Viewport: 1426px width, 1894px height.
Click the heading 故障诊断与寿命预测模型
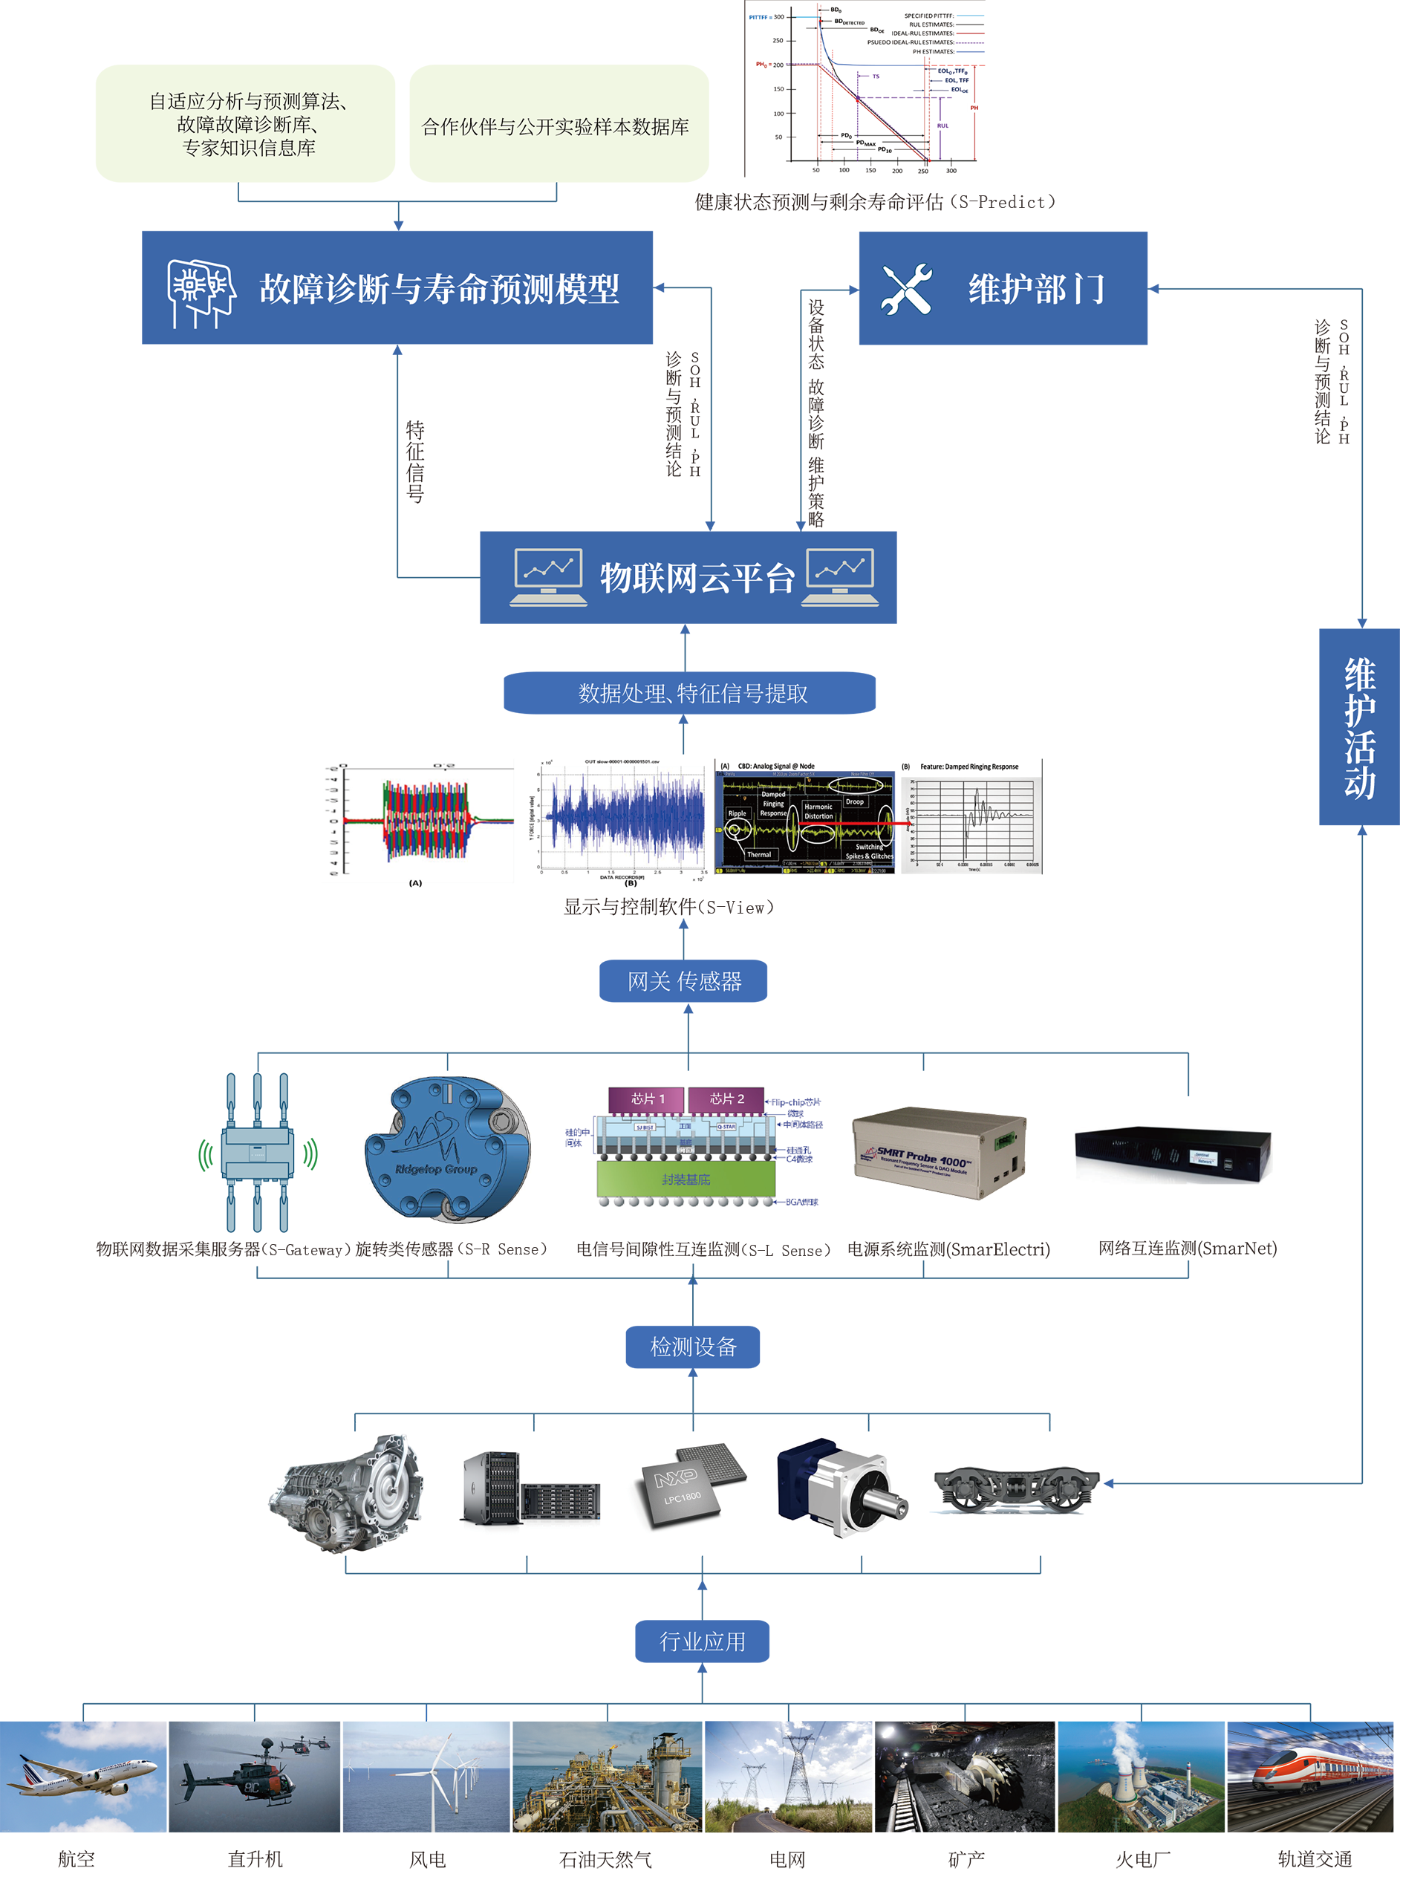coord(439,290)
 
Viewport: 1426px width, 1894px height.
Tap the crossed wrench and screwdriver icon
coord(906,290)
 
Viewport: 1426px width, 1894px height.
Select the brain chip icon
coord(201,293)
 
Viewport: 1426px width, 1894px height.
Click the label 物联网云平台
coord(697,578)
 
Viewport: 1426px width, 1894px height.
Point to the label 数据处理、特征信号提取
coord(692,694)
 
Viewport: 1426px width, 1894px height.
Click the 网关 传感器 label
coord(685,981)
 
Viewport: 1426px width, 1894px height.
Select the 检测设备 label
coord(693,1347)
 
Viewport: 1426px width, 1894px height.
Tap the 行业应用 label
coord(702,1641)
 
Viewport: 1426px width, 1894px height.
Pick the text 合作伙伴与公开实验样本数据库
coord(555,128)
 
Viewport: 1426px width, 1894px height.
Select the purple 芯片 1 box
coord(647,1099)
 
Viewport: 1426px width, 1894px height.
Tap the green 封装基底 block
coord(686,1179)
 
